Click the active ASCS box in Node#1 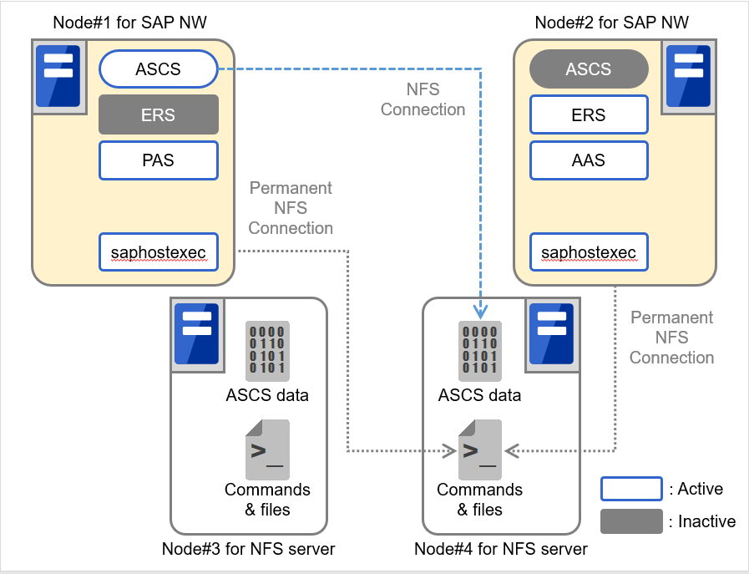(158, 69)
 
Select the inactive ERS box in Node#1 (158, 114)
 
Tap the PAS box (158, 160)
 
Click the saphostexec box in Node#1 (158, 251)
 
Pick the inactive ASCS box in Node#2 (589, 69)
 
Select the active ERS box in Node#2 (589, 114)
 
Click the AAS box (589, 160)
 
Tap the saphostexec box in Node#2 (589, 251)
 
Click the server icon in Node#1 (58, 76)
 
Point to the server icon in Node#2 (688, 76)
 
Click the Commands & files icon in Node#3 (267, 450)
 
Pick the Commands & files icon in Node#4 (480, 450)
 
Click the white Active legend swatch (631, 489)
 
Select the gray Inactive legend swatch (631, 521)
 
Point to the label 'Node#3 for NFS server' (249, 549)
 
